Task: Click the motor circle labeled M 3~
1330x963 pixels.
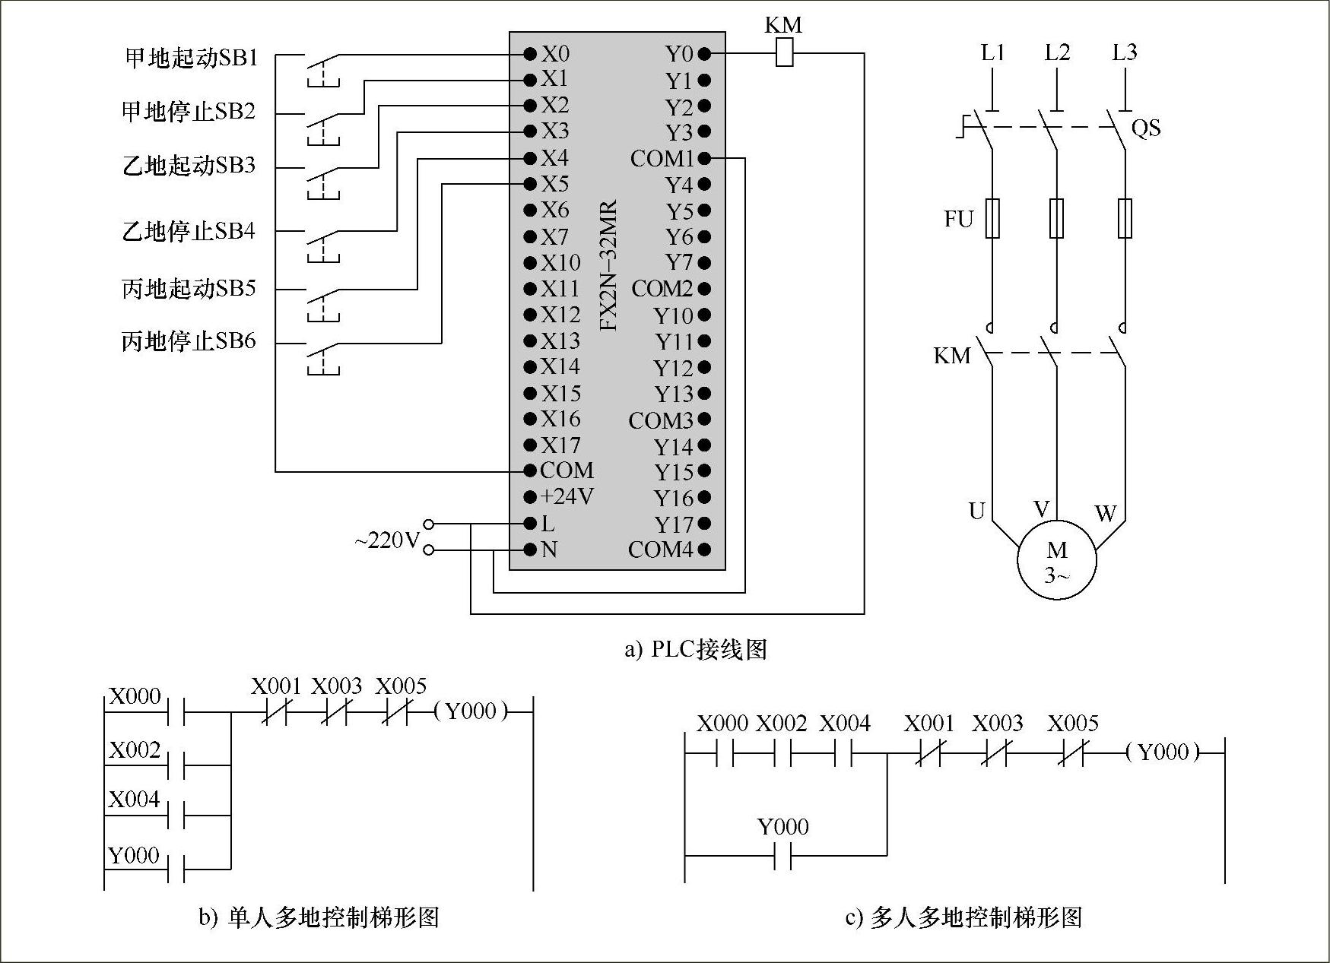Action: click(x=1057, y=561)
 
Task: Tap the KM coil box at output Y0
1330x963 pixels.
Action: click(x=784, y=54)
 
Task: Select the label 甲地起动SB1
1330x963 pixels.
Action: click(x=192, y=59)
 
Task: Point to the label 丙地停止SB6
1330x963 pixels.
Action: click(x=189, y=341)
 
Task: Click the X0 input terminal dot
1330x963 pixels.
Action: click(x=530, y=54)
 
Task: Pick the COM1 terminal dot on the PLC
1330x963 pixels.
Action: click(x=704, y=159)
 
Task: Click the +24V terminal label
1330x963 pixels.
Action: click(x=567, y=497)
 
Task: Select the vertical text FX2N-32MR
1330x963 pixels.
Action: click(x=608, y=265)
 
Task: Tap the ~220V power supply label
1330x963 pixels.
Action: click(x=386, y=541)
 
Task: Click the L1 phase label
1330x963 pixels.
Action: click(x=992, y=52)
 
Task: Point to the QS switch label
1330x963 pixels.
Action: click(x=1146, y=128)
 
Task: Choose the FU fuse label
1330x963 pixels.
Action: click(x=958, y=220)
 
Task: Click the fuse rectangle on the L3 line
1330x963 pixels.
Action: click(x=1125, y=219)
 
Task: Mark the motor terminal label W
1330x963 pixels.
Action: click(x=1105, y=515)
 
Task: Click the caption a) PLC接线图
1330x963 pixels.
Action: click(x=695, y=649)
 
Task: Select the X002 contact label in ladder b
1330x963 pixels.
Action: click(x=135, y=751)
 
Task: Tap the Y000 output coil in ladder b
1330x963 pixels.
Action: click(x=470, y=712)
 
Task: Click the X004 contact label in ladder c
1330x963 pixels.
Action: click(x=844, y=724)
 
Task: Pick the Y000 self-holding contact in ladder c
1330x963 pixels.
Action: click(x=783, y=856)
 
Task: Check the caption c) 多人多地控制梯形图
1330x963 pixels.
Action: click(x=963, y=918)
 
